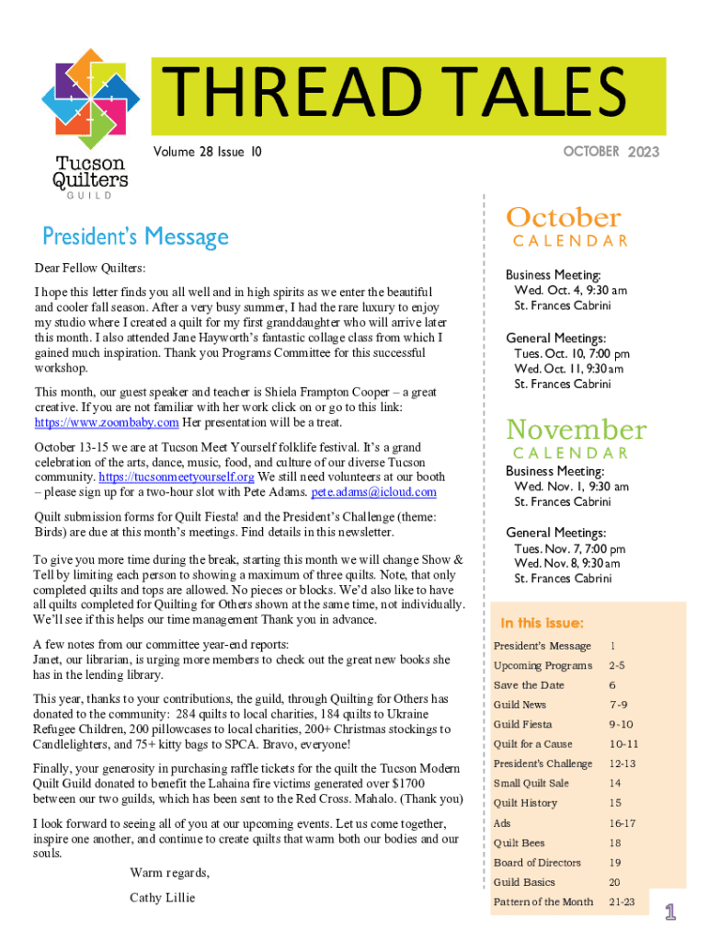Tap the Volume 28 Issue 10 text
click(x=208, y=152)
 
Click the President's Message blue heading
click(x=135, y=237)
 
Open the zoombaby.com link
click(x=107, y=422)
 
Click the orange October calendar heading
click(x=564, y=218)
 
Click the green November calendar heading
click(x=577, y=430)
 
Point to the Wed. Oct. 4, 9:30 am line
click(x=570, y=290)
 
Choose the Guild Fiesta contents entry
click(x=523, y=724)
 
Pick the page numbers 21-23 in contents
click(x=622, y=902)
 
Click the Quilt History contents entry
click(x=525, y=803)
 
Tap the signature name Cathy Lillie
click(x=163, y=897)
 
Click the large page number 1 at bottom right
click(x=671, y=912)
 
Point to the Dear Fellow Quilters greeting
click(x=90, y=269)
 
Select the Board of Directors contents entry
click(x=537, y=863)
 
